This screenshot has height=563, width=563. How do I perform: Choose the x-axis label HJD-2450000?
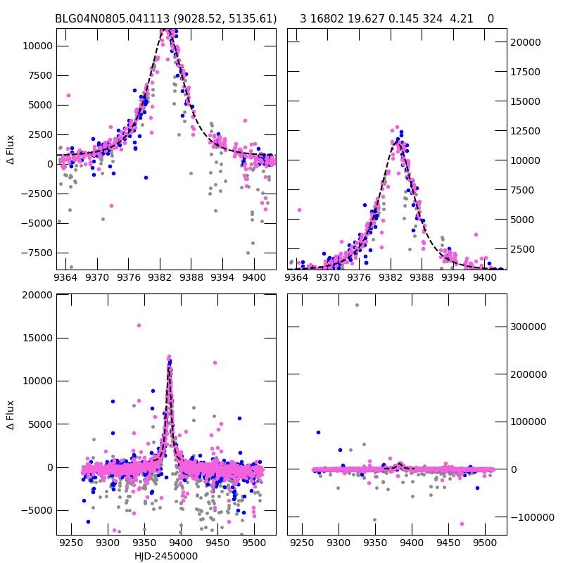(166, 556)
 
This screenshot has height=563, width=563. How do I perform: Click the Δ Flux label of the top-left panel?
(11, 149)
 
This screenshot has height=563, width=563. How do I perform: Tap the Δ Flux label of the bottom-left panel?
(11, 415)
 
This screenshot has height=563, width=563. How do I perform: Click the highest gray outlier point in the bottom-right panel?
(357, 305)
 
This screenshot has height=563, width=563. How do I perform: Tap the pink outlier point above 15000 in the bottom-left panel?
(139, 325)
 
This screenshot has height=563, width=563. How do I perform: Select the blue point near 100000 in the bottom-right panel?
(318, 432)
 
